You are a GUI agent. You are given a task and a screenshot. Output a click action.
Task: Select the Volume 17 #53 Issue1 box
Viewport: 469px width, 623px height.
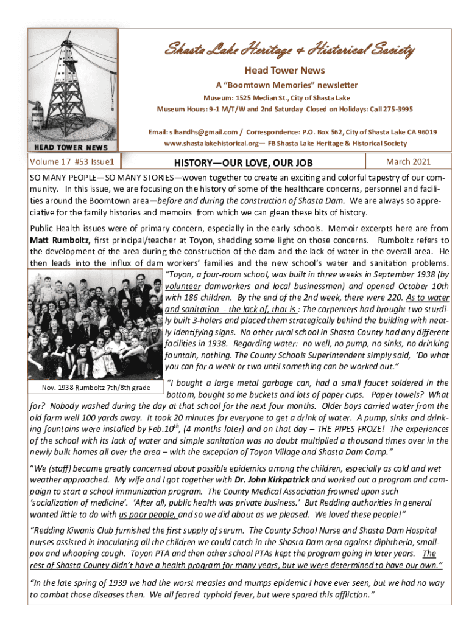pyautogui.click(x=76, y=162)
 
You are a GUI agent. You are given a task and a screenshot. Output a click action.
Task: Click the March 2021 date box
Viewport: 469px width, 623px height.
pyautogui.click(x=408, y=162)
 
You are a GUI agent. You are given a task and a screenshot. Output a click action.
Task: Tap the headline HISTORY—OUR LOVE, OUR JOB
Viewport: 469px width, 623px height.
pyautogui.click(x=243, y=163)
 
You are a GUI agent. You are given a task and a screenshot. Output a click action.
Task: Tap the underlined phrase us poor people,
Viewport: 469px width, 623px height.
pyautogui.click(x=150, y=513)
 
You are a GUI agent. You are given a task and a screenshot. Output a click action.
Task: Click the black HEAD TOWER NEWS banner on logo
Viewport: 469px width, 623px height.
pyautogui.click(x=71, y=147)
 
